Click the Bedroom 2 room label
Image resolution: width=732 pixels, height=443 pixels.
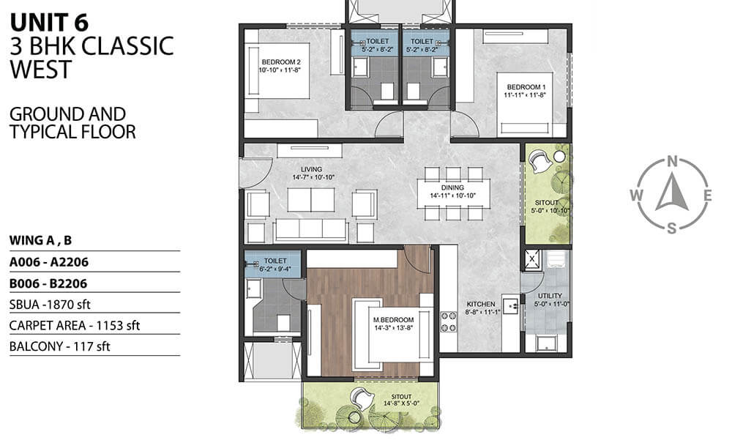[x=281, y=62]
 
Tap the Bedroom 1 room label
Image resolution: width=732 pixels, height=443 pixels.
[x=526, y=87]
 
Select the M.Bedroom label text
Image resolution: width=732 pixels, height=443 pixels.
[x=394, y=320]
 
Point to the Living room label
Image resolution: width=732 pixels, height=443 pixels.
[x=311, y=169]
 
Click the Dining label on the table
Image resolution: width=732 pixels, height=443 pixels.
[x=452, y=187]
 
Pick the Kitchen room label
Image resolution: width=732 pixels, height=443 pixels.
[x=481, y=304]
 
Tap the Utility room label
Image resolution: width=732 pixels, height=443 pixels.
[x=550, y=296]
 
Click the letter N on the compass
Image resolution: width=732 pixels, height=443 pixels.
[x=672, y=162]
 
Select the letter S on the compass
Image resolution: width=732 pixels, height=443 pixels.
[x=672, y=228]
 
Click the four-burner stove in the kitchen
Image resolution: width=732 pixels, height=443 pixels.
[x=449, y=322]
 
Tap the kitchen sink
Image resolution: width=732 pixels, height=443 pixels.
[x=511, y=307]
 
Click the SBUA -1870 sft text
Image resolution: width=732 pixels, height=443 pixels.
[x=50, y=305]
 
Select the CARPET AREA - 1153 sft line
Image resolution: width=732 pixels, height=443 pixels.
[x=74, y=325]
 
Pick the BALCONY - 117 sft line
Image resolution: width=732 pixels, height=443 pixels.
[x=60, y=346]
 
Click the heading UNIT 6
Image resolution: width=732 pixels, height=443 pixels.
[x=49, y=23]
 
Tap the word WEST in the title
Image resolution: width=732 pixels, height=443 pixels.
[x=41, y=69]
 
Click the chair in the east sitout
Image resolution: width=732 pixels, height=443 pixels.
[x=541, y=161]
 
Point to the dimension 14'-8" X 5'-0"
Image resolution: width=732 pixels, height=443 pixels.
[x=401, y=403]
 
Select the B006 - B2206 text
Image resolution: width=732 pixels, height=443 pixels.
[x=48, y=283]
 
